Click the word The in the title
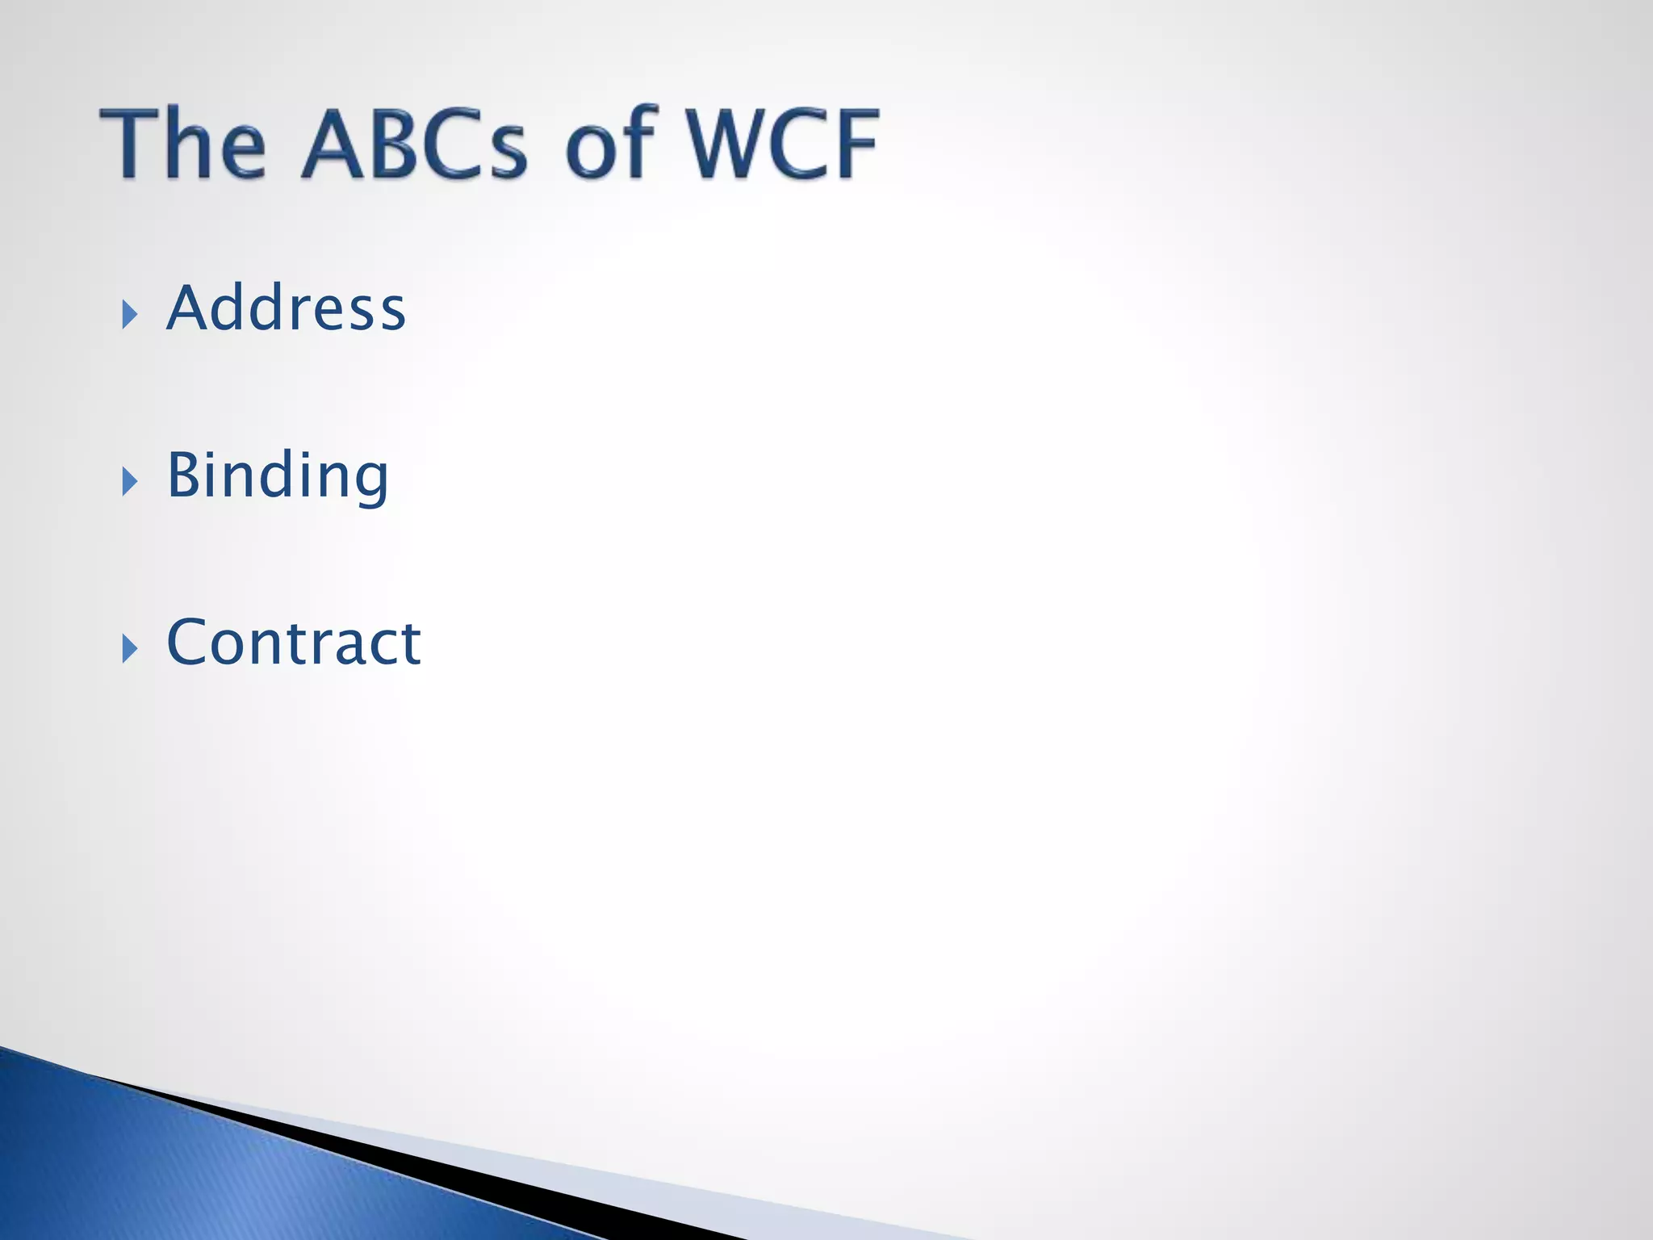coord(182,143)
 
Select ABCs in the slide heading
coord(414,143)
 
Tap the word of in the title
coord(610,143)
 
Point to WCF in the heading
coord(781,143)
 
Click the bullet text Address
coord(286,308)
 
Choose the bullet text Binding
coord(278,476)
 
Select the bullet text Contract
coord(293,643)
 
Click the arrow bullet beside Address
coord(129,314)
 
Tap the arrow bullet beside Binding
coord(129,481)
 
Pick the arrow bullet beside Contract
coord(129,648)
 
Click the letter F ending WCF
coord(856,143)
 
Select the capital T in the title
coord(129,143)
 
